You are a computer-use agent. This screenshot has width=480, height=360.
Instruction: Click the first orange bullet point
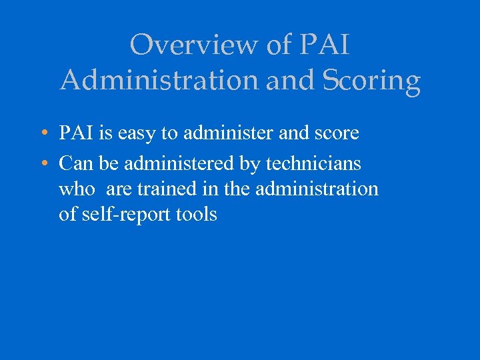point(42,133)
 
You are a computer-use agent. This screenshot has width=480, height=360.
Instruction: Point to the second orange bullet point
point(42,162)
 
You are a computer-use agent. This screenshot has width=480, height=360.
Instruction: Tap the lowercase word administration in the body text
point(315,189)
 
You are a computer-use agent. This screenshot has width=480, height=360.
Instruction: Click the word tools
point(197,215)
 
